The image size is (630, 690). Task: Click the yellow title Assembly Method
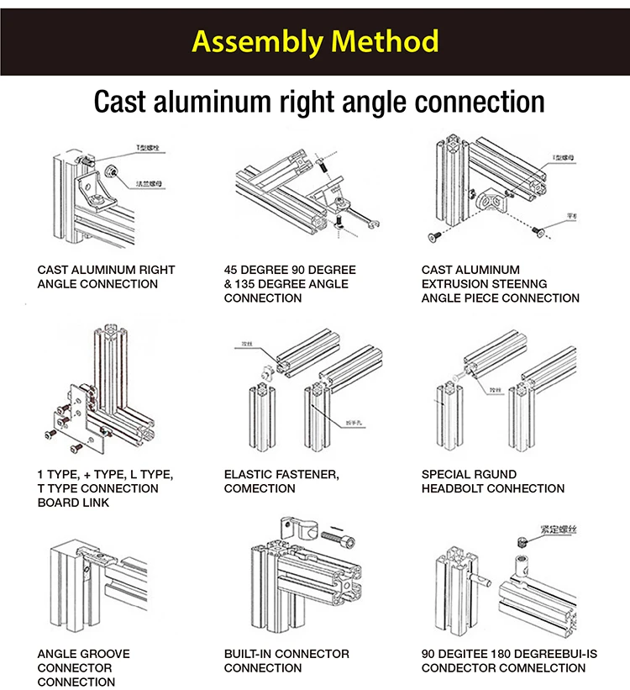[314, 40]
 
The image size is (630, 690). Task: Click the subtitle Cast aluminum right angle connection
[318, 102]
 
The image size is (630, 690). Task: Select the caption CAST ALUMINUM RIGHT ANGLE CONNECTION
[106, 277]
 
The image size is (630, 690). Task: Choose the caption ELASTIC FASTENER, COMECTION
[281, 482]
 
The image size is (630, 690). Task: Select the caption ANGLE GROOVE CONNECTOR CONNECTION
[83, 668]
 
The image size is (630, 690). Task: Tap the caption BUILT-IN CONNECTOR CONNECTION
[286, 661]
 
